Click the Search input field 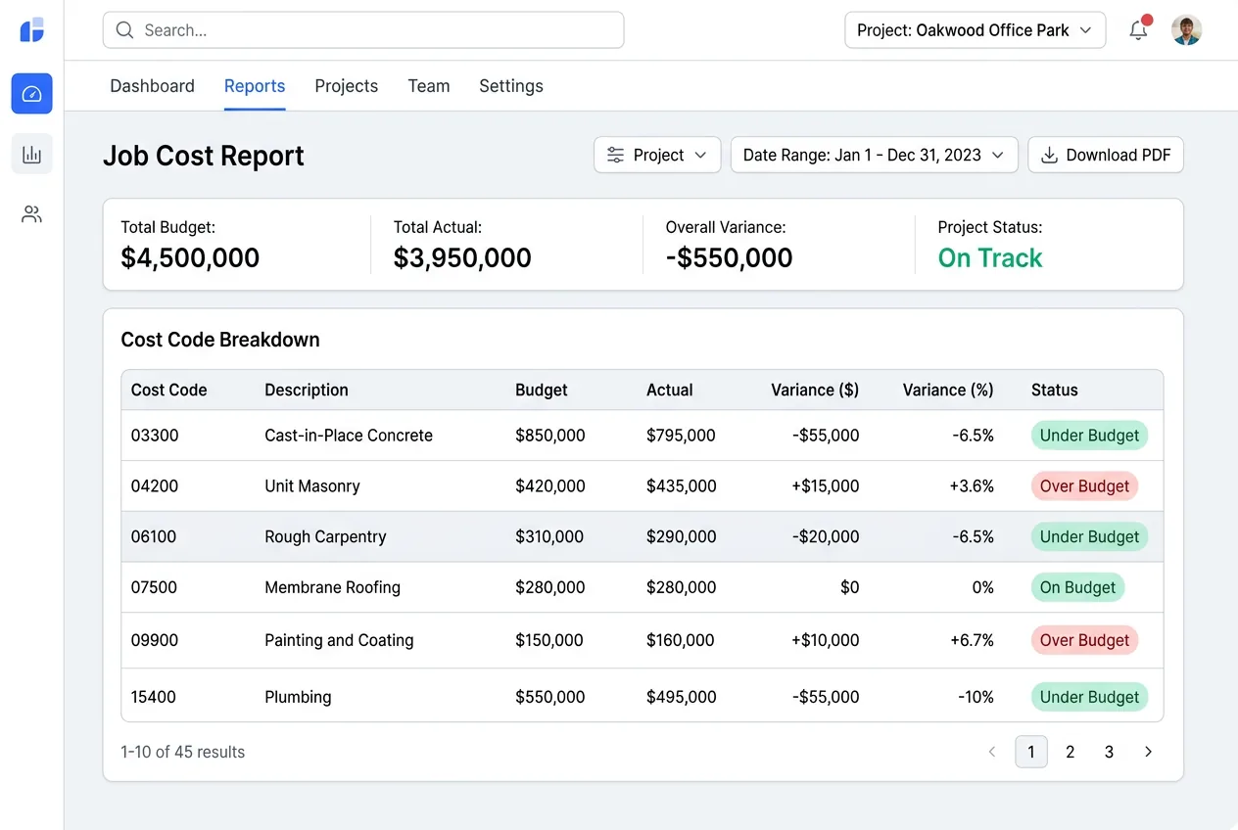click(362, 30)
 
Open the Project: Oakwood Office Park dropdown click(975, 30)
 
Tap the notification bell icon click(1138, 30)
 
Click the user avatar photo click(1186, 30)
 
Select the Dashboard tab click(152, 86)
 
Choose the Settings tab click(510, 86)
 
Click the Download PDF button click(1105, 155)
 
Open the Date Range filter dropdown click(874, 155)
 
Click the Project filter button click(656, 155)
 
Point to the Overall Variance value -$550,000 click(729, 258)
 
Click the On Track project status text click(989, 258)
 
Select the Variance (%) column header click(947, 390)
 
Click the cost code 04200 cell click(155, 486)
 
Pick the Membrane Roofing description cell click(332, 588)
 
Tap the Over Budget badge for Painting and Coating click(1084, 640)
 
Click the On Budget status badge click(1077, 588)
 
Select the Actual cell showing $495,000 click(681, 697)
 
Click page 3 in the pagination click(1109, 752)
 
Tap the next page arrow click(1148, 752)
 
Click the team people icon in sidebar click(31, 214)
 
